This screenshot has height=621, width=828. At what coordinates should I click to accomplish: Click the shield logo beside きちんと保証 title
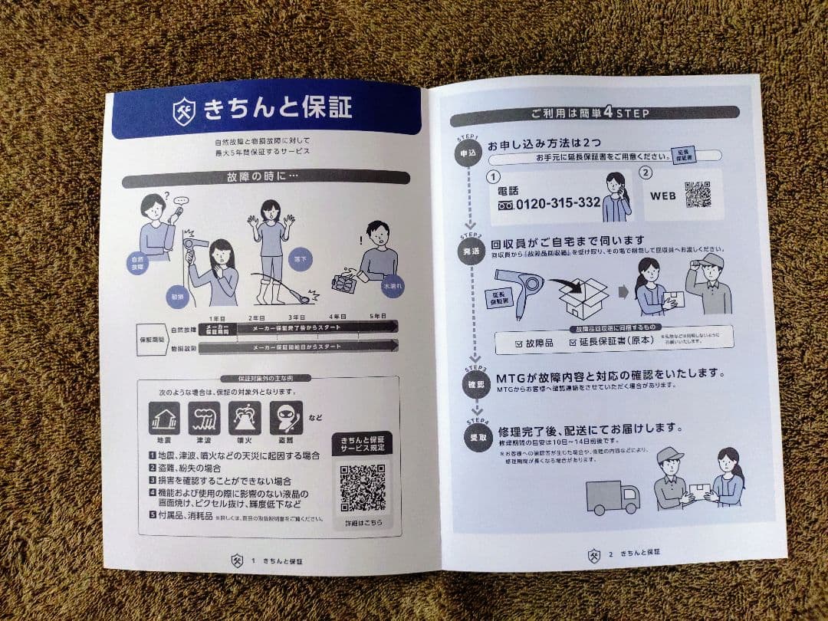point(184,109)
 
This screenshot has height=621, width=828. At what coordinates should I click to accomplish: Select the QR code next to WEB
point(697,194)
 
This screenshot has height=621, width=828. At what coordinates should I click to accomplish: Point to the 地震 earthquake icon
point(164,419)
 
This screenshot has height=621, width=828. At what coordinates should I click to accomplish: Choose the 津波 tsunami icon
point(205,419)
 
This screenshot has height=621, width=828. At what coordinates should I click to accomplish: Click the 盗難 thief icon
point(285,419)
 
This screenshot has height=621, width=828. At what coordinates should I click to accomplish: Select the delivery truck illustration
point(613,498)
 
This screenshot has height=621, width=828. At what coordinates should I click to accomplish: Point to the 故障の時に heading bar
point(266,178)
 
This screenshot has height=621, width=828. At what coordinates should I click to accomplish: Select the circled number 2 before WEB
point(646,173)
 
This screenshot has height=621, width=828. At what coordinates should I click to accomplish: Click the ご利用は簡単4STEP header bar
point(595,114)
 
